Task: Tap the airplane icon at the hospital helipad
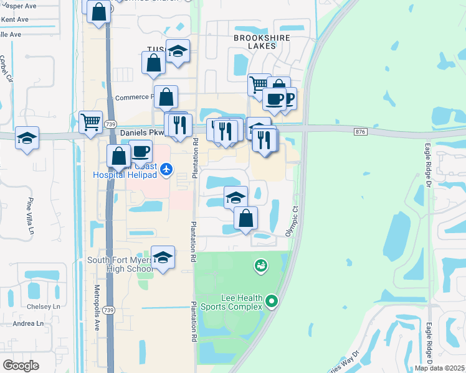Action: [x=166, y=168]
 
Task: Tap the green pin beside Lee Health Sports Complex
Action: [x=271, y=302]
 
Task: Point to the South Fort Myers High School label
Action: [x=120, y=265]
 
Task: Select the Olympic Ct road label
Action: [x=292, y=221]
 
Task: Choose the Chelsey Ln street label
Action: [x=47, y=306]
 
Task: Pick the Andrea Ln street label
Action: [x=29, y=323]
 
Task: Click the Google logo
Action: [x=21, y=365]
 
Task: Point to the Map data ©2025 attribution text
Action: [x=439, y=368]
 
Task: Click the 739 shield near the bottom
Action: [x=110, y=310]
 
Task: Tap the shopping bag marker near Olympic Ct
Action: [x=246, y=219]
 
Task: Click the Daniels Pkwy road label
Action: [x=142, y=132]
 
